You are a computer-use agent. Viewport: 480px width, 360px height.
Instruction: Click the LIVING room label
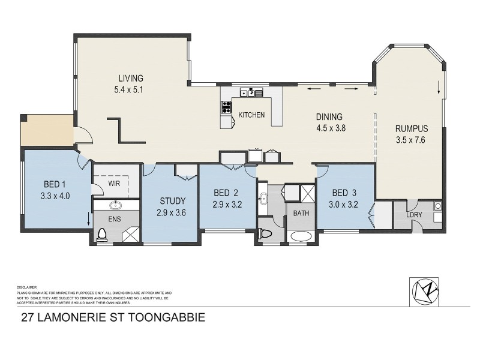click(130, 78)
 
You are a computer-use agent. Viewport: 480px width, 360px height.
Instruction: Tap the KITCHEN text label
click(251, 115)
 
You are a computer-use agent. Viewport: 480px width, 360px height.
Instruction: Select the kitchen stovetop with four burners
click(227, 107)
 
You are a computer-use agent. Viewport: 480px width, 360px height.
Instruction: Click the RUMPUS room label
click(412, 128)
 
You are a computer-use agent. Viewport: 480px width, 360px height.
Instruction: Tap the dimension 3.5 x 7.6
click(412, 141)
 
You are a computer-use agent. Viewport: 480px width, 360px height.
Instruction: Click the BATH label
click(299, 212)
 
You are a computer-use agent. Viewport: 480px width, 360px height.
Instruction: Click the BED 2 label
click(227, 193)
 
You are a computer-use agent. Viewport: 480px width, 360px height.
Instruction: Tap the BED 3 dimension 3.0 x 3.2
click(344, 204)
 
